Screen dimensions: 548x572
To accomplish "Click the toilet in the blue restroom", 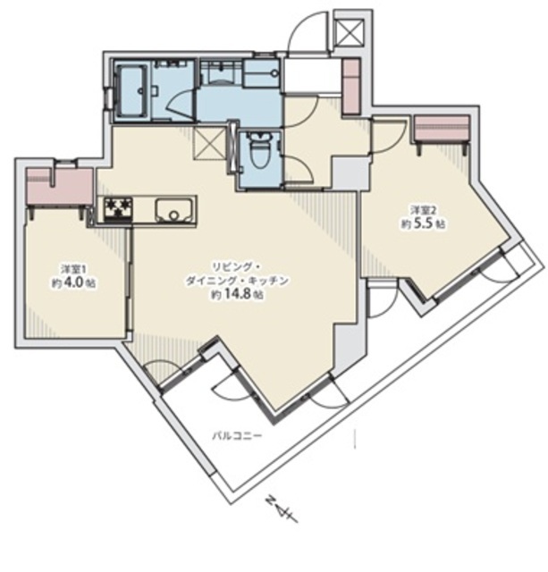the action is pos(260,149).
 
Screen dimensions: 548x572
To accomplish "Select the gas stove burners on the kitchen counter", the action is pos(118,209).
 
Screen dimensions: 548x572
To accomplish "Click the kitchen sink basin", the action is pos(173,210).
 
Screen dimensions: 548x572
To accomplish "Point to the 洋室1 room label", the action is pos(74,270).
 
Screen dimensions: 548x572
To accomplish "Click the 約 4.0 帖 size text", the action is pos(74,284).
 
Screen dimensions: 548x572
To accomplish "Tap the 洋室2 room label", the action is pos(423,210).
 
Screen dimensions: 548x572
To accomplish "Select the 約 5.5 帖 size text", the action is pos(423,223).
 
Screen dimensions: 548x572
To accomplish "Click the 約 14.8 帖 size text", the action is pos(237,295).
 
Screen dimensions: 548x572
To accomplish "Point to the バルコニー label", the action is pos(237,435).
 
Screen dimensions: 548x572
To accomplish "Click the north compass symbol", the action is pos(282,509).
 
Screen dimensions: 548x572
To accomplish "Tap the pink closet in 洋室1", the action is pos(60,188).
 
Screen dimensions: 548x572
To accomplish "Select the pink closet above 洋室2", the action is pos(442,129).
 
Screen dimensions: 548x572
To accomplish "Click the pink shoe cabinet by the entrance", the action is pos(351,87).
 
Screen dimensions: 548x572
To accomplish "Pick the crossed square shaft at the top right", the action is pos(350,33).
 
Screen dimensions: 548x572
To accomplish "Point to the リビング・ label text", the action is pos(236,267).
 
